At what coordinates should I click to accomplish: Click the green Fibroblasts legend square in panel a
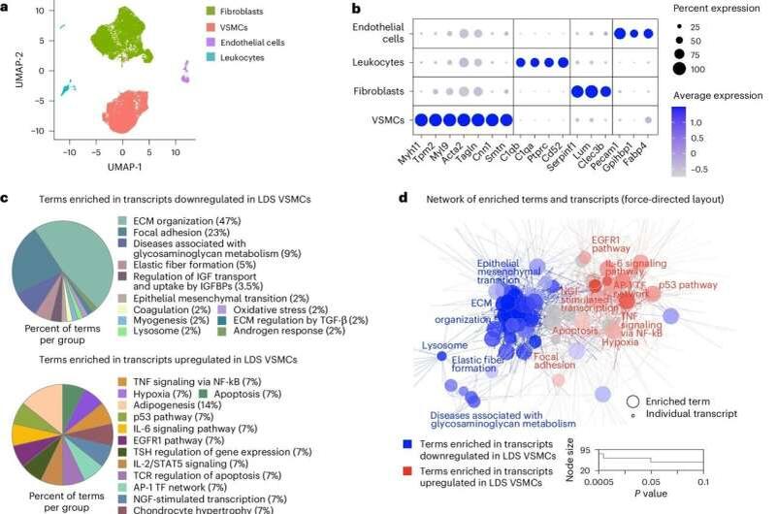click(211, 12)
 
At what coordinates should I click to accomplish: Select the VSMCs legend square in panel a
click(211, 27)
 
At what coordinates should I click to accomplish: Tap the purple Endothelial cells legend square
click(211, 44)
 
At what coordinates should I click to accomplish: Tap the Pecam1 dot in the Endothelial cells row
click(620, 32)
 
